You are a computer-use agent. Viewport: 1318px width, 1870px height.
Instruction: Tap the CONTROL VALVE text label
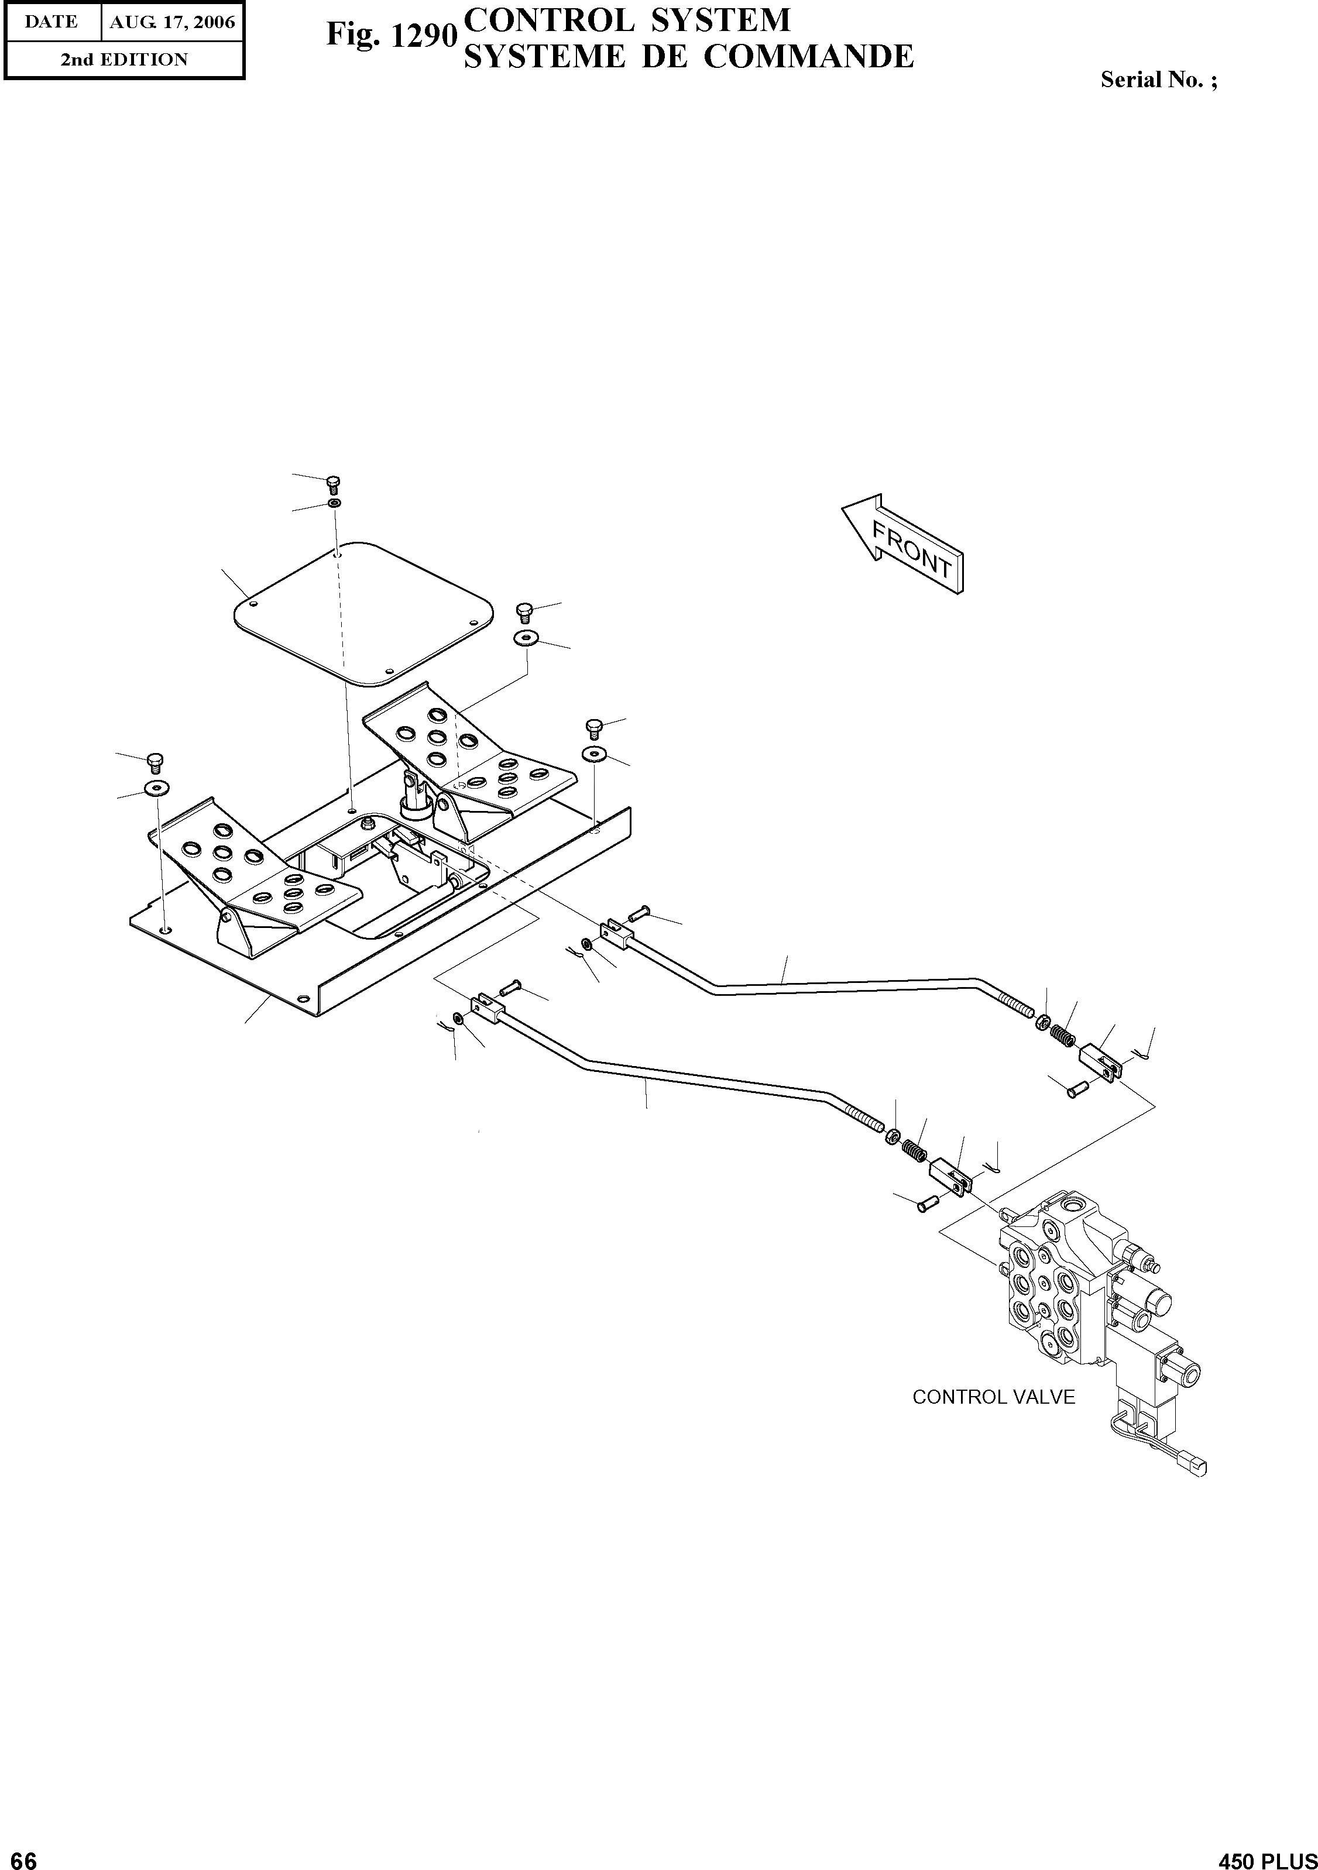[x=993, y=1397]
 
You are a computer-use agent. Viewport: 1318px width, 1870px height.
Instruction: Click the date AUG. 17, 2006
[x=172, y=22]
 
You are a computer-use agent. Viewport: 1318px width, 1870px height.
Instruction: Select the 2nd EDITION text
[x=124, y=60]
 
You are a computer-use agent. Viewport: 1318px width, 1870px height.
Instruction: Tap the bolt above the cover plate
[x=333, y=484]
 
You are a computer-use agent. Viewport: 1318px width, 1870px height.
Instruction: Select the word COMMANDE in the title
[x=808, y=57]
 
